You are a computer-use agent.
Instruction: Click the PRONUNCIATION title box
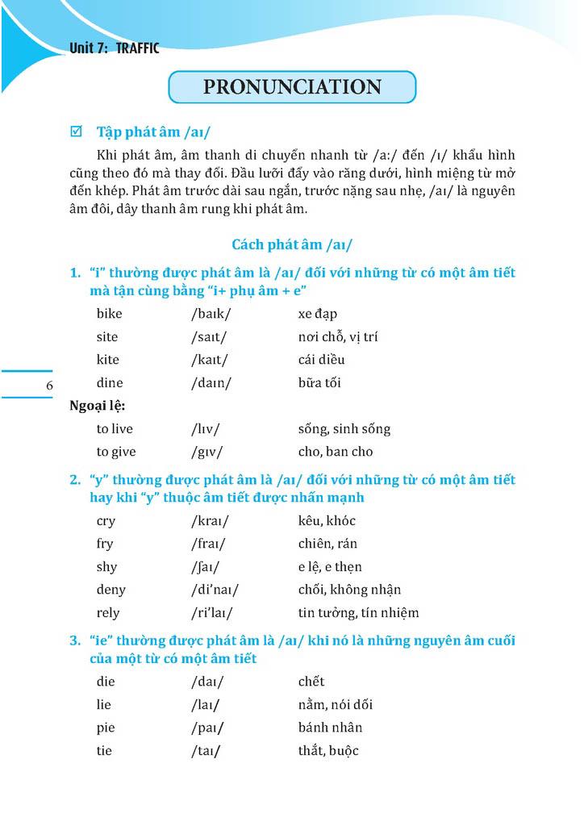[292, 87]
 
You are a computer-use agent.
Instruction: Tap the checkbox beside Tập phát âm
[77, 131]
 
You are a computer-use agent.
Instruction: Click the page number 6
[50, 386]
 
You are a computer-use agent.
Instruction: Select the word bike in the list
[109, 314]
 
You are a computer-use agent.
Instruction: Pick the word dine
[110, 383]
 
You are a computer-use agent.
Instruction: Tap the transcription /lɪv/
[206, 429]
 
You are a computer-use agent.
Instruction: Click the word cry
[106, 521]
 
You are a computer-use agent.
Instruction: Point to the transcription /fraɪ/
[209, 544]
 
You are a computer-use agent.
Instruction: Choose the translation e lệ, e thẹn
[330, 567]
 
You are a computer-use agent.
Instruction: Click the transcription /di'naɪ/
[215, 590]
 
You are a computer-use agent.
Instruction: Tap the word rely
[107, 613]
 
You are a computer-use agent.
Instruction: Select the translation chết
[311, 682]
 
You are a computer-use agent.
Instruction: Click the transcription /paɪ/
[206, 728]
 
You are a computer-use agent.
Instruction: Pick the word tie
[104, 751]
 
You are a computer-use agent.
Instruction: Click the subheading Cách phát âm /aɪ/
[292, 244]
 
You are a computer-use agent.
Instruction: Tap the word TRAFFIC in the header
[138, 48]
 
